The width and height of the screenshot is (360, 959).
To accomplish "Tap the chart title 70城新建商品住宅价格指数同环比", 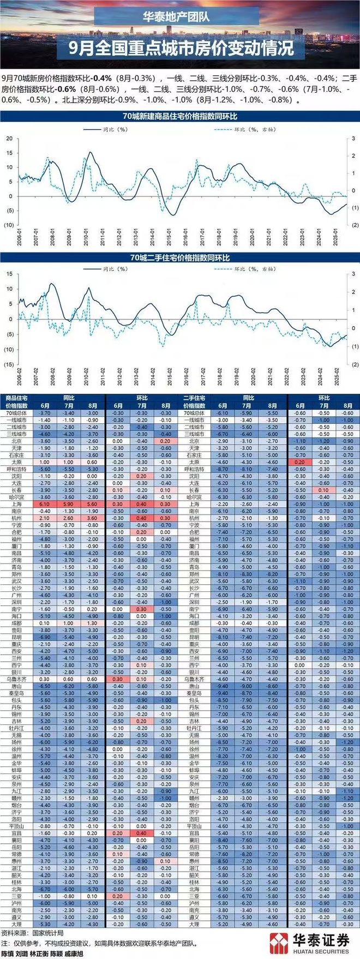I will (x=179, y=116).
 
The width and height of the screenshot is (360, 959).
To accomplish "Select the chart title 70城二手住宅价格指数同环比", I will (x=179, y=257).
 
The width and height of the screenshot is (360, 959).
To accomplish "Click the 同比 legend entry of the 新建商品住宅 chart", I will (x=100, y=130).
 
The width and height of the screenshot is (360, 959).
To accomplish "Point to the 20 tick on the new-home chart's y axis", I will (x=9, y=139).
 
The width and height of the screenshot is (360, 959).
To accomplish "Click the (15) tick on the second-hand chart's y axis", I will (x=8, y=364).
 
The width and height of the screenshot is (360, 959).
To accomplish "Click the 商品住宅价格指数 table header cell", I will (x=17, y=402).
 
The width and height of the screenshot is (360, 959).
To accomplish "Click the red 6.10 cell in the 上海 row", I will (x=45, y=504).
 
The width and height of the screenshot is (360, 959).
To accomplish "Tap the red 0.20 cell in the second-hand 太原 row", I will (x=299, y=462).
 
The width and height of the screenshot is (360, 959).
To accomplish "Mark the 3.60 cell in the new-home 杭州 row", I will (x=93, y=518).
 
